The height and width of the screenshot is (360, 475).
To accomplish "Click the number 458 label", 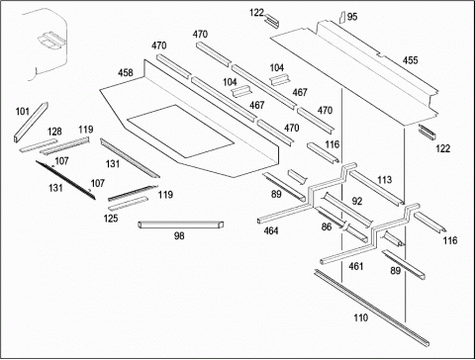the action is [x=126, y=72].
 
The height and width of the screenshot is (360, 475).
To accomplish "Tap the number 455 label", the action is [x=410, y=60].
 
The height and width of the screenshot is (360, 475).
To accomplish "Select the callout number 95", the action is [x=352, y=17].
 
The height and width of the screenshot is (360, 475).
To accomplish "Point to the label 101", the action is [x=23, y=112].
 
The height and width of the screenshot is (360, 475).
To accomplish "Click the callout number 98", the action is [x=179, y=235].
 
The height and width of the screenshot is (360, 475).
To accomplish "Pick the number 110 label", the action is [x=360, y=317].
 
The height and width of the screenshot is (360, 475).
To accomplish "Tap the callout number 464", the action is [x=271, y=230].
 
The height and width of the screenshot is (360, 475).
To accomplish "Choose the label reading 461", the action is [x=356, y=266].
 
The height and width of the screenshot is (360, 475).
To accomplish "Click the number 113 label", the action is [x=384, y=180].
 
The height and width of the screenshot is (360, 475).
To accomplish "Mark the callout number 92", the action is [x=357, y=201].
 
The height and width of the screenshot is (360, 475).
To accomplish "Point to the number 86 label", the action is [x=327, y=226].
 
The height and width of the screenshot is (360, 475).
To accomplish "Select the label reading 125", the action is [x=111, y=219].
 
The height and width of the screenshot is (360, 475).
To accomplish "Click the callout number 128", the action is [x=54, y=132].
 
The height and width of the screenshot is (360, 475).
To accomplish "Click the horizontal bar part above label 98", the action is [x=181, y=225].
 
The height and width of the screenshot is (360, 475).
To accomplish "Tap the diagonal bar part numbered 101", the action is [x=31, y=123].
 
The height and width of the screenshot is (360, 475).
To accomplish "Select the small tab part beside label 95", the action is [x=342, y=17].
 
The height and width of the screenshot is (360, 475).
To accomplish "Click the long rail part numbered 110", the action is [x=371, y=308].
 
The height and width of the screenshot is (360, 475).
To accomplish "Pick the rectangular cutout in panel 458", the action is [x=180, y=131].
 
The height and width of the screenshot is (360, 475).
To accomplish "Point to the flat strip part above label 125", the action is [x=128, y=203].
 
